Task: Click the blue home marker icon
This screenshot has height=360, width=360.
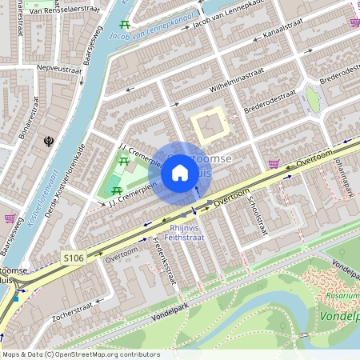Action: [x=180, y=173]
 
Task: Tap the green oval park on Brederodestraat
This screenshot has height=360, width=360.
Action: [x=313, y=100]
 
